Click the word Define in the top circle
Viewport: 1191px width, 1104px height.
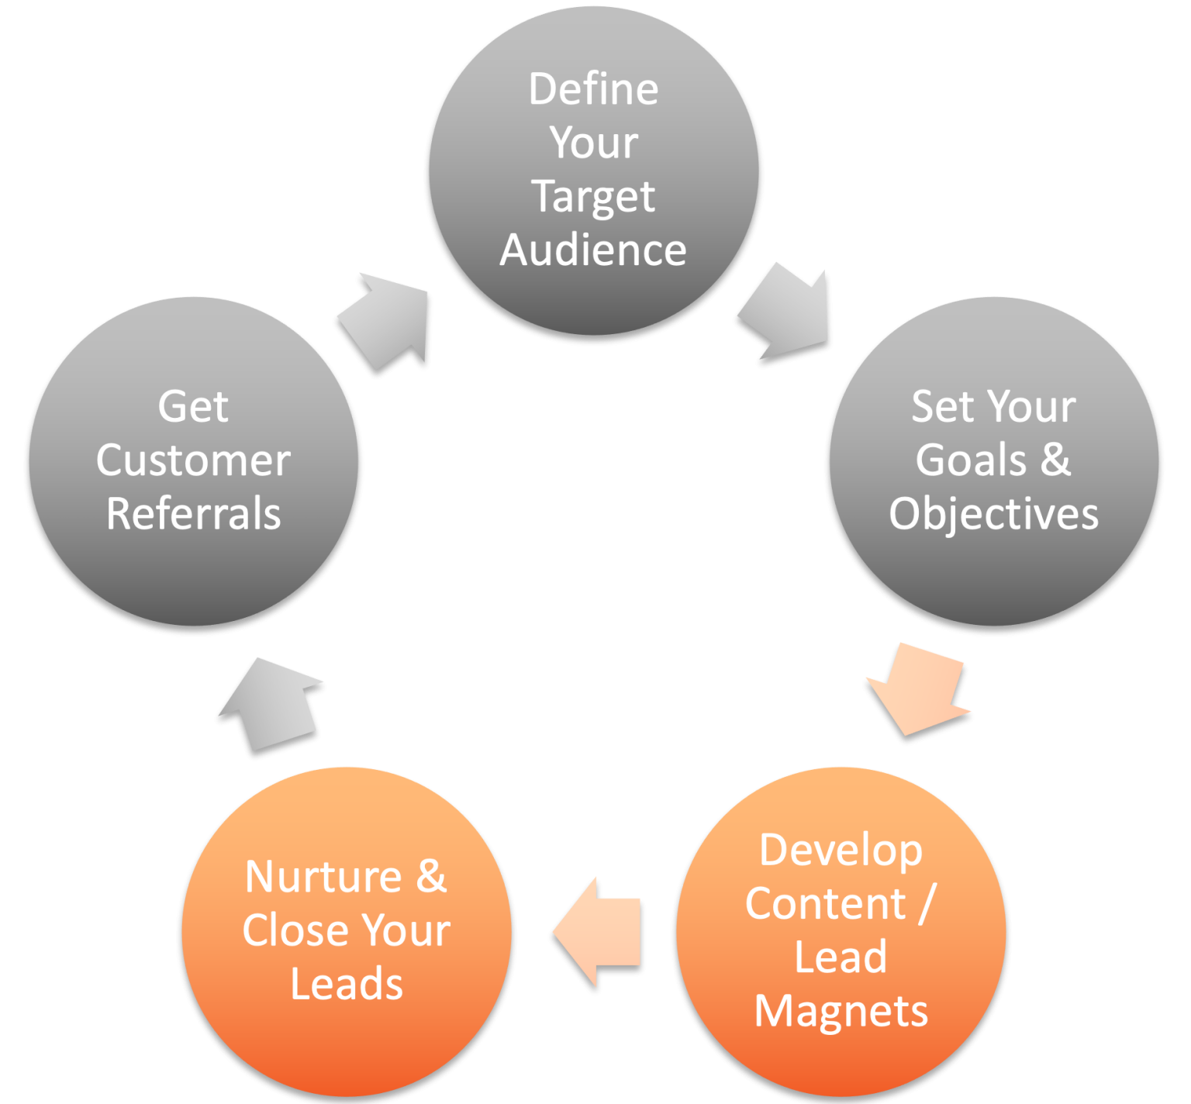click(x=593, y=89)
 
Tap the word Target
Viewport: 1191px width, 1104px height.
click(x=593, y=196)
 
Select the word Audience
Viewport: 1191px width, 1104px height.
click(x=593, y=250)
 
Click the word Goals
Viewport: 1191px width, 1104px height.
click(x=971, y=460)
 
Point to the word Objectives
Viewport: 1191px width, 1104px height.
click(x=993, y=513)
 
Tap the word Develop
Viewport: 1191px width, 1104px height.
click(x=841, y=850)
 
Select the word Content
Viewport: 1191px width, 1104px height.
click(x=825, y=904)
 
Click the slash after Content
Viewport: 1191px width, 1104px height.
click(x=926, y=904)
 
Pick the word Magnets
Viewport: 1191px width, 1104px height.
click(x=841, y=1011)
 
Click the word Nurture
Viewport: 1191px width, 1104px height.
click(x=323, y=877)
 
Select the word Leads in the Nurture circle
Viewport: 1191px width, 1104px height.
click(x=347, y=984)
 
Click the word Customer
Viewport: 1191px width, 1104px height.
click(x=193, y=461)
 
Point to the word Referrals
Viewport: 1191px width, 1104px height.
click(x=193, y=514)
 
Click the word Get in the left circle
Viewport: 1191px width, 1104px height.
click(x=193, y=406)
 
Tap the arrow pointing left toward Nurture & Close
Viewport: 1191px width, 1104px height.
click(x=599, y=931)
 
